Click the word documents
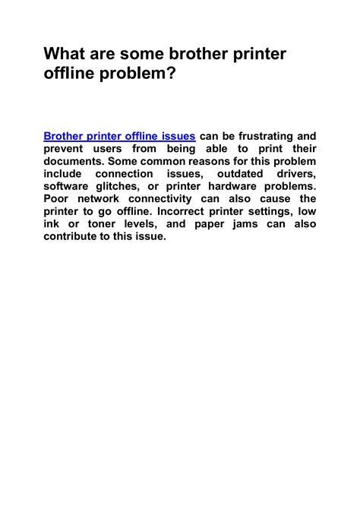click(73, 161)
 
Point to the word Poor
click(58, 199)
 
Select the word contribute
click(74, 237)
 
